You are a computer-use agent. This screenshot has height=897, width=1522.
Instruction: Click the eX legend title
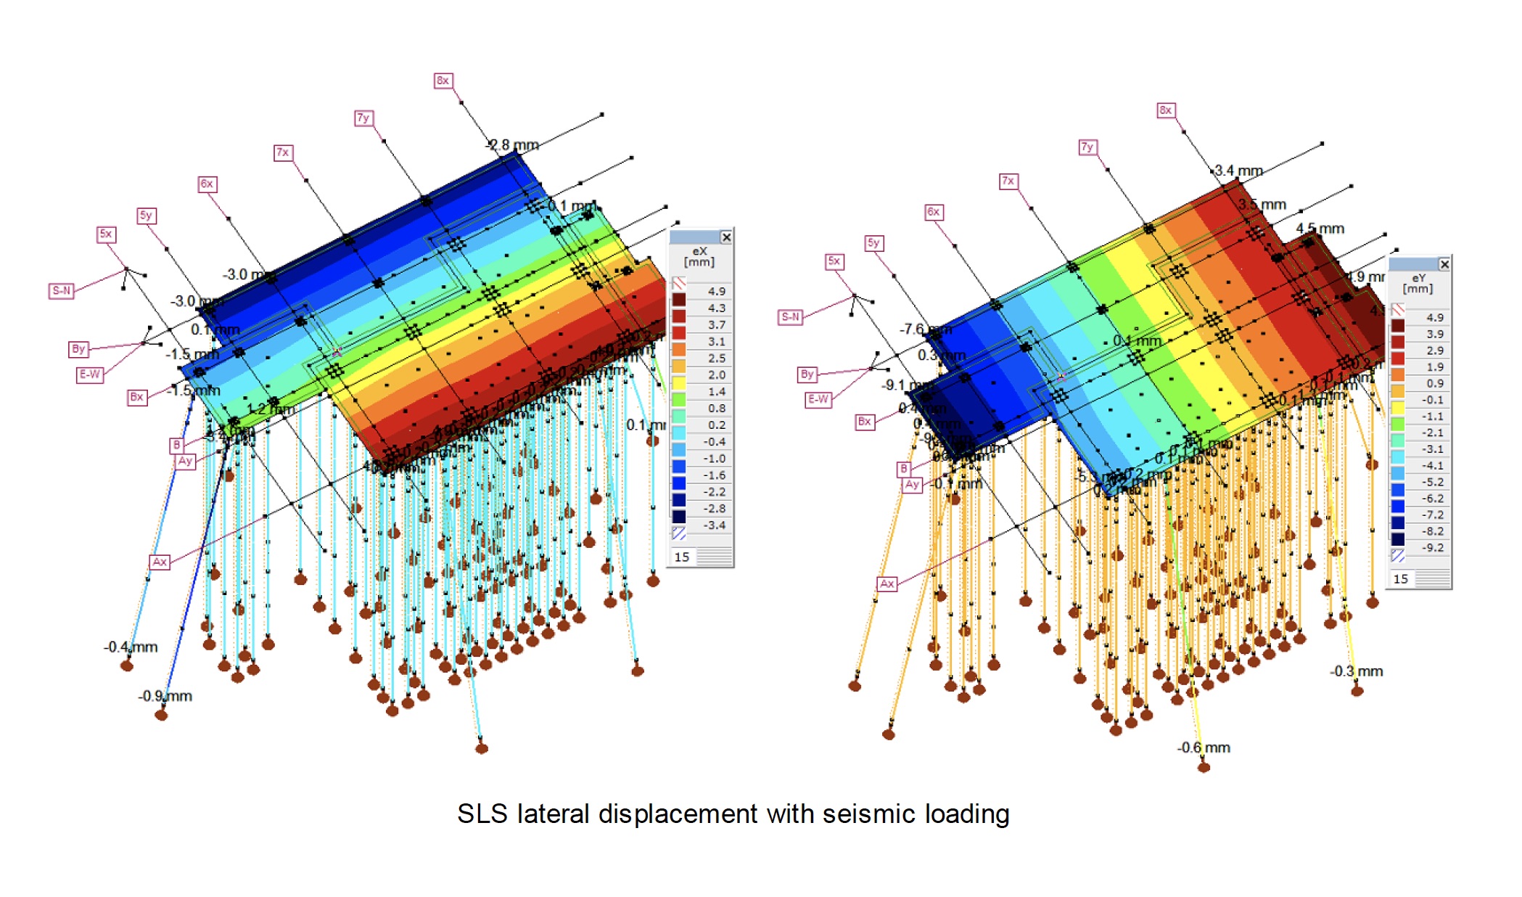tap(699, 256)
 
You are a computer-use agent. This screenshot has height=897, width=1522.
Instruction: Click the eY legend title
tap(1418, 283)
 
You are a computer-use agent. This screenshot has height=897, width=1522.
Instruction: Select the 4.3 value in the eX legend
tap(716, 308)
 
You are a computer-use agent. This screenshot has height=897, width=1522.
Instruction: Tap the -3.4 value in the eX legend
tap(715, 525)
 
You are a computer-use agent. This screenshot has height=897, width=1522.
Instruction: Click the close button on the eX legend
tap(726, 237)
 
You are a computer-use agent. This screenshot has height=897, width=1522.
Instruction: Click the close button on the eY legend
tap(1444, 264)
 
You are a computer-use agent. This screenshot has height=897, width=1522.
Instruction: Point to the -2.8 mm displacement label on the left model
tap(512, 145)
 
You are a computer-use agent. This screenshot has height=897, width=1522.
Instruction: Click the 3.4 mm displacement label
tap(1238, 171)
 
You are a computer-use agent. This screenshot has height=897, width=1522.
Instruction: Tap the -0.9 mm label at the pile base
tap(165, 696)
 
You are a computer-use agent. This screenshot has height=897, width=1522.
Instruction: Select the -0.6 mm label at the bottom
tap(1204, 747)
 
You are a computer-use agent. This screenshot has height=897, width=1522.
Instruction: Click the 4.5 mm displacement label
tap(1320, 229)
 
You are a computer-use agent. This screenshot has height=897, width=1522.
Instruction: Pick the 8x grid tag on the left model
tap(443, 81)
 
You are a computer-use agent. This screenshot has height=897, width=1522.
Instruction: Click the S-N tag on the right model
tap(790, 317)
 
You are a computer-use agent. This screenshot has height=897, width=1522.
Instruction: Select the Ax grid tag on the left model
tap(160, 562)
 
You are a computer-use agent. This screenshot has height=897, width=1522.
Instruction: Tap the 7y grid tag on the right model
tap(1087, 147)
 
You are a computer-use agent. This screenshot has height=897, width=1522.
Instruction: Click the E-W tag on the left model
tap(90, 374)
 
